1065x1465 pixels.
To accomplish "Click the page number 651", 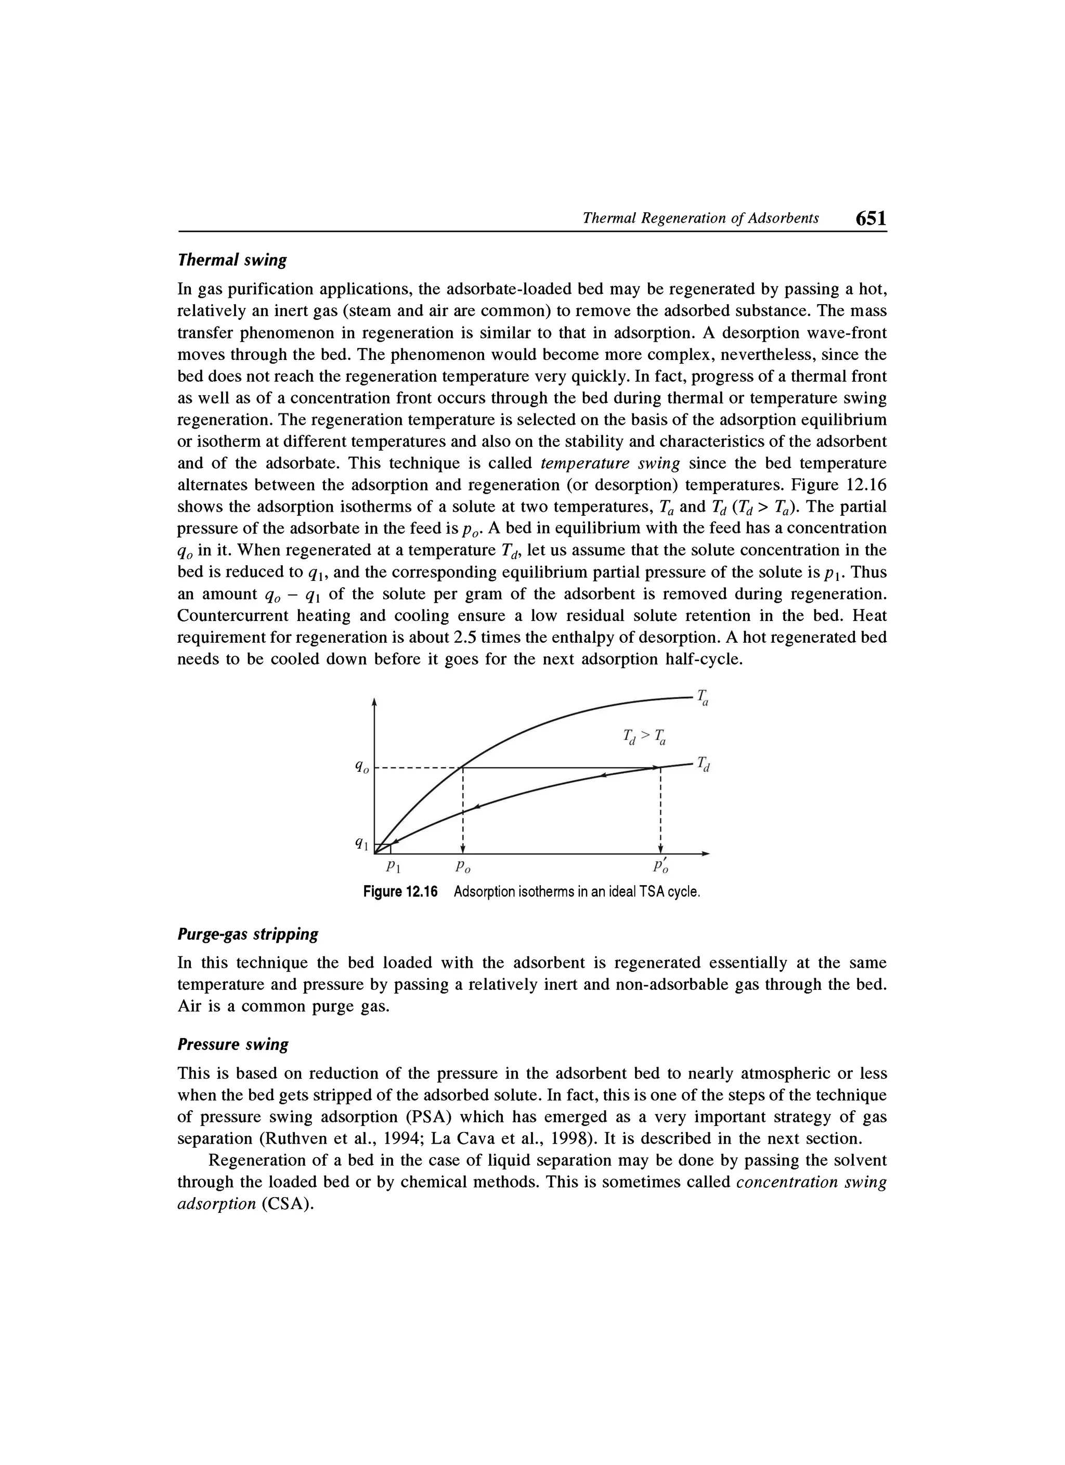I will tap(870, 218).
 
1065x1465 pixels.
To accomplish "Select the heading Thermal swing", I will tap(232, 260).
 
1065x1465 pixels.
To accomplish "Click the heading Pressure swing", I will tap(232, 1044).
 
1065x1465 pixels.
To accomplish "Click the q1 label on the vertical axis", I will tap(362, 844).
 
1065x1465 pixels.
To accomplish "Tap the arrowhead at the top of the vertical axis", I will tap(374, 702).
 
